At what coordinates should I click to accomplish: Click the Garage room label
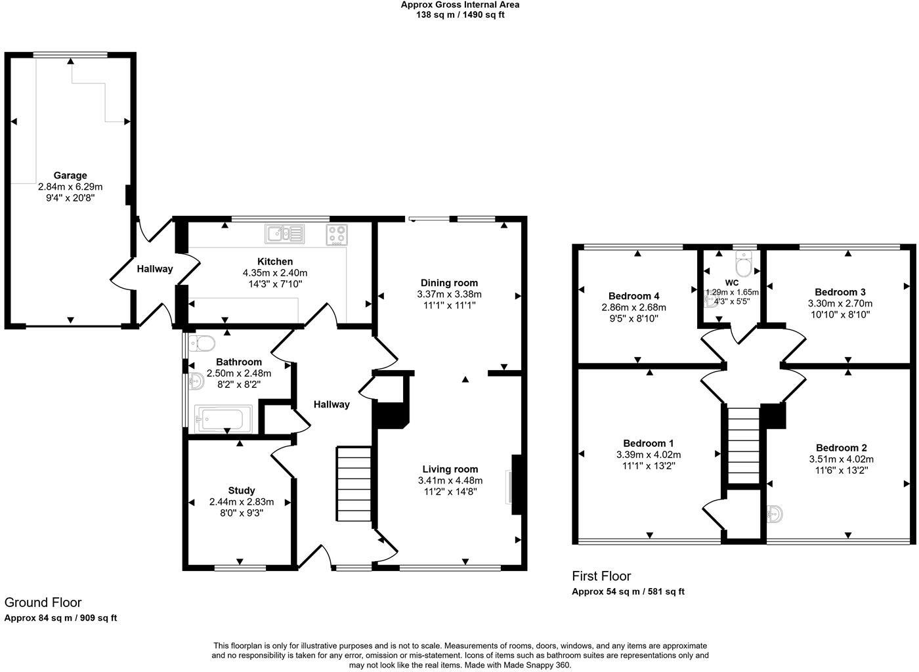70,175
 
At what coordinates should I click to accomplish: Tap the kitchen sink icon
285,233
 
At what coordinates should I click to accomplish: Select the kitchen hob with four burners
337,234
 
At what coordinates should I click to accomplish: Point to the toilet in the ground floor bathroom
202,343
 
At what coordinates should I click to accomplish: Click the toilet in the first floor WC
744,265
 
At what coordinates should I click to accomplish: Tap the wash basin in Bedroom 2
775,514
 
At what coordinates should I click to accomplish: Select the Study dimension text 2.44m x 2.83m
242,502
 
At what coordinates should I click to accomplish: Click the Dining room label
450,283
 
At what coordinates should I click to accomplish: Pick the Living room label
450,469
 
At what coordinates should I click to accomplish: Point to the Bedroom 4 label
633,296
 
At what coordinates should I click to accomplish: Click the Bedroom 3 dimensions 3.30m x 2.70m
840,303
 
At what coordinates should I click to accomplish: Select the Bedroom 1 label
648,443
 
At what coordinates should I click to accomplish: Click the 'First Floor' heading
601,576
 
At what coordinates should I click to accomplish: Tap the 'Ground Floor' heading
43,602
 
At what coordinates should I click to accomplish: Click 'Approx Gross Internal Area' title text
460,5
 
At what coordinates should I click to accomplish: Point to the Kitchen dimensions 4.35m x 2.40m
275,273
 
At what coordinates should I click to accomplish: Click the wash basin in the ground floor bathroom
196,379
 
